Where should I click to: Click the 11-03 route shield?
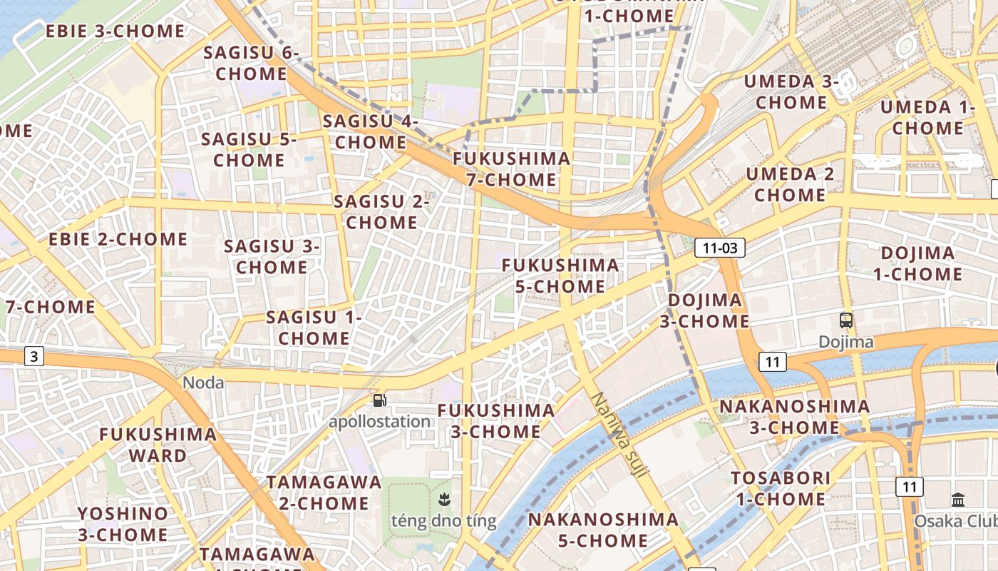720,248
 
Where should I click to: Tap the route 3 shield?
34,355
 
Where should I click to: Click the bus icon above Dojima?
846,320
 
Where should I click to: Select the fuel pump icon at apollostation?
380,400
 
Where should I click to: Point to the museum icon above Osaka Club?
958,500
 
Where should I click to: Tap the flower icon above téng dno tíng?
444,499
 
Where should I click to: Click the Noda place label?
203,383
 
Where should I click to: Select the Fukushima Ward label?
158,445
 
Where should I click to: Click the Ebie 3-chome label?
115,31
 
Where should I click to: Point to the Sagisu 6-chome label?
252,63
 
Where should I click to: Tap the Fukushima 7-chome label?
512,168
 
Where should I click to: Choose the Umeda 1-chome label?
927,118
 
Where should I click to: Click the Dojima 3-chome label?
704,310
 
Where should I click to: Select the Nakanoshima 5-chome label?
603,530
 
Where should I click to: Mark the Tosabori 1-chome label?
781,488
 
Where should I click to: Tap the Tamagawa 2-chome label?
324,492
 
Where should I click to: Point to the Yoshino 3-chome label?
123,523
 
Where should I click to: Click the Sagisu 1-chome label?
314,327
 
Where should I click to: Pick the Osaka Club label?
956,521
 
